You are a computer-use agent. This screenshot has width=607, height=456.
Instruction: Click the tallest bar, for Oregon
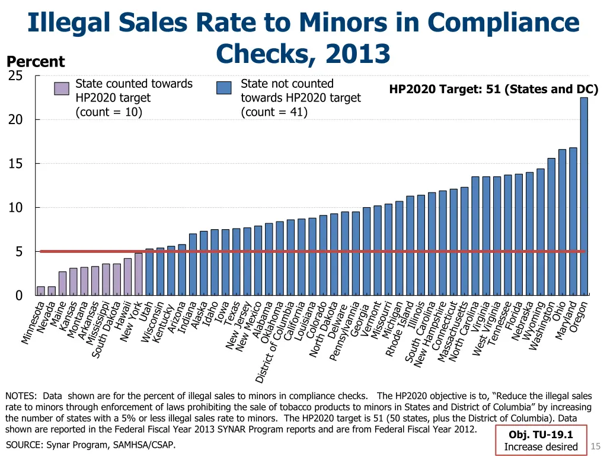coord(584,196)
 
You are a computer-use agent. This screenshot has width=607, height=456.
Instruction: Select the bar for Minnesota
coord(41,291)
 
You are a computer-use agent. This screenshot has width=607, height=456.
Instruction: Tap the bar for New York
coord(138,274)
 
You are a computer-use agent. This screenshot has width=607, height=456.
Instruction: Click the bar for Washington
coord(551,226)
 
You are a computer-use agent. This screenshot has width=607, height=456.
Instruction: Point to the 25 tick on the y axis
coord(15,76)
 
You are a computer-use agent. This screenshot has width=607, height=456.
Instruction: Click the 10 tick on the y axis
coord(15,208)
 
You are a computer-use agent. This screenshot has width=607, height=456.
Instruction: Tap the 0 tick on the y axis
coord(18,296)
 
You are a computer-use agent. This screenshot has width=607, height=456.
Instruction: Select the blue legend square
coord(224,88)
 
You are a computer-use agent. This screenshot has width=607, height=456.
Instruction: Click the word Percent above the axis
coord(36,62)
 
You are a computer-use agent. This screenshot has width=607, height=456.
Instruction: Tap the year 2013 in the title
coord(350,53)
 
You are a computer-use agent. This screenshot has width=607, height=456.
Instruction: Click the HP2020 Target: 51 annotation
coord(493,90)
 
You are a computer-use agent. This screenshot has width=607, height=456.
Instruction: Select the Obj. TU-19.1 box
coord(541,441)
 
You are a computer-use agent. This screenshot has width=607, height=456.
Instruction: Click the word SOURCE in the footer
coord(24,445)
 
